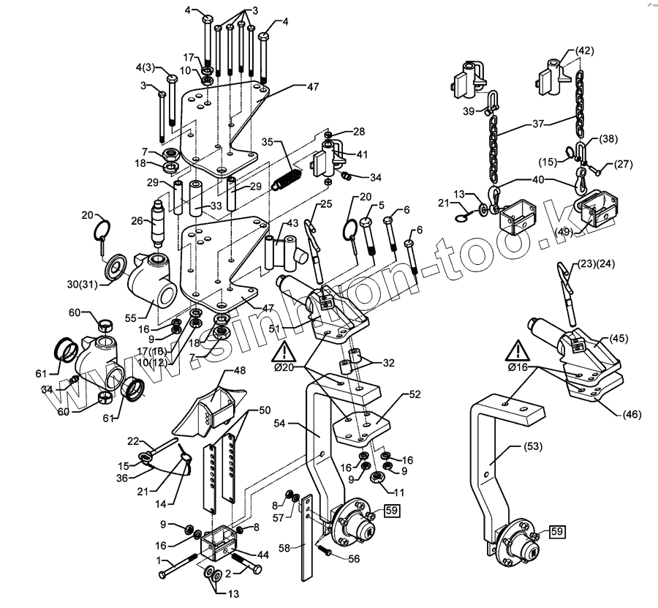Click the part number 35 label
coord(267,141)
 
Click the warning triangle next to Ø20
coord(281,353)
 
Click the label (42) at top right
coord(584,50)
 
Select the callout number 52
coord(415,395)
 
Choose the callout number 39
coord(469,110)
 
